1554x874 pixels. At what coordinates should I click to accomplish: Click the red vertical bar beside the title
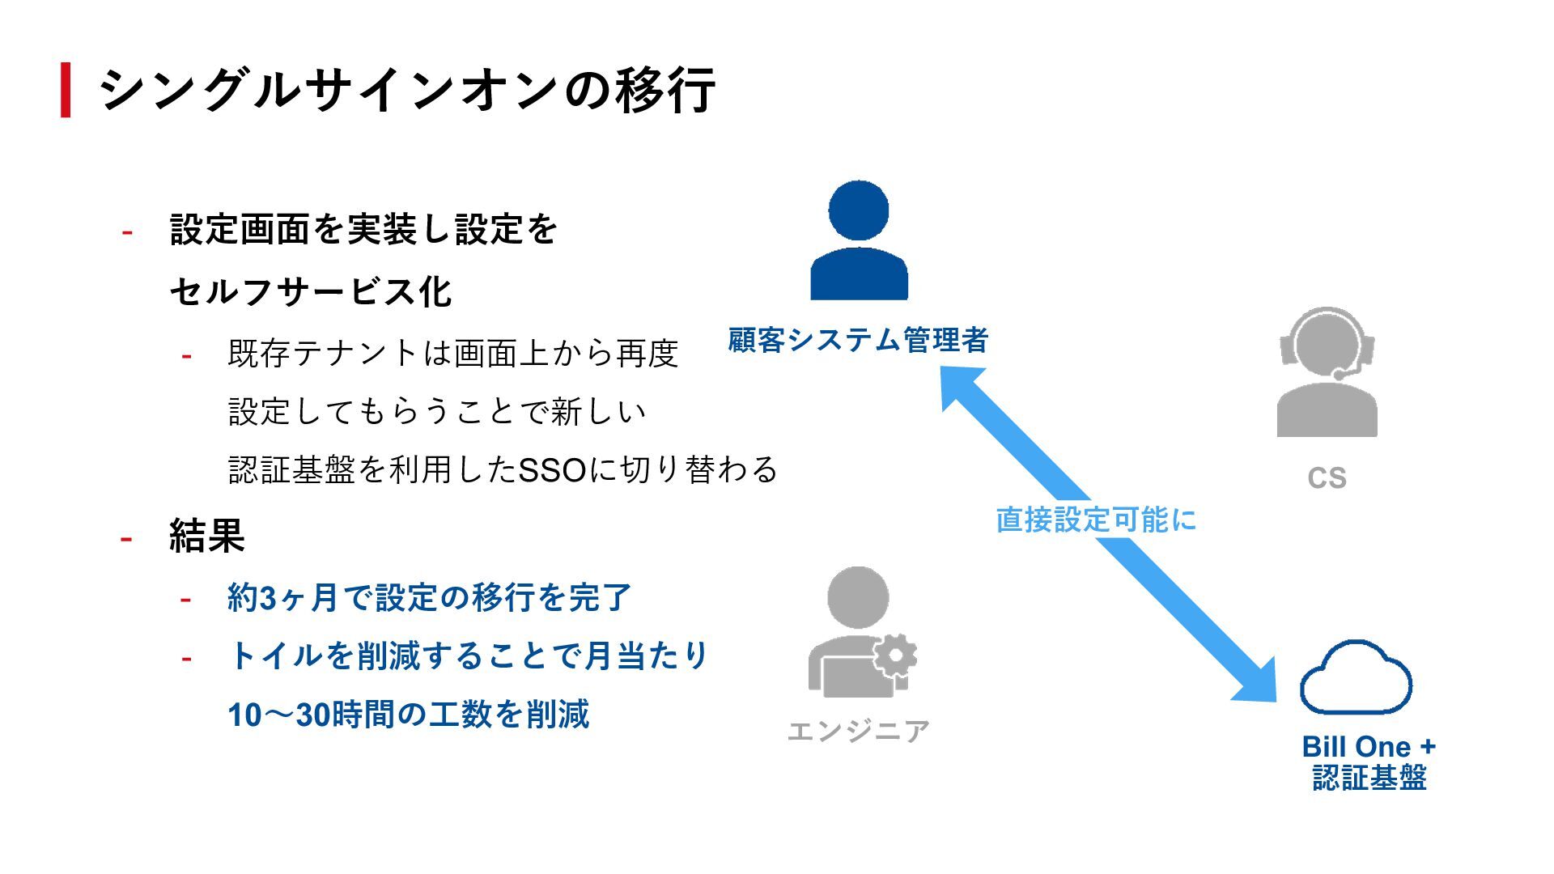pos(66,90)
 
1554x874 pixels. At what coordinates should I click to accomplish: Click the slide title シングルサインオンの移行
pos(407,90)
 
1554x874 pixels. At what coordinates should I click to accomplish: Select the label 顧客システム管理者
pos(858,340)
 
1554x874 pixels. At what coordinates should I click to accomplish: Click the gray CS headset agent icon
pos(1327,372)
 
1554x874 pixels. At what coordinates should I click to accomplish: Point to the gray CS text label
pos(1327,478)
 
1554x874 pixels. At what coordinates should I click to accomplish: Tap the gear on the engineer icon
pos(895,655)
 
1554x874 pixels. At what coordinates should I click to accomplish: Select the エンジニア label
pos(858,732)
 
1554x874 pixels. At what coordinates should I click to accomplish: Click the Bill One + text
pos(1369,746)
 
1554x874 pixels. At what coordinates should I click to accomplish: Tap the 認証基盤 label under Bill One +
pos(1369,778)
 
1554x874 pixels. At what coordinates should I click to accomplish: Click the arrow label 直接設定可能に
pos(1096,520)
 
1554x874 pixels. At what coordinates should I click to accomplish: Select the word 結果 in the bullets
pos(207,536)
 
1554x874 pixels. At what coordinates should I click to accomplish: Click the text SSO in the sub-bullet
pos(552,470)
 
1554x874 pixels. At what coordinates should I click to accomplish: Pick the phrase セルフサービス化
pos(311,292)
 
